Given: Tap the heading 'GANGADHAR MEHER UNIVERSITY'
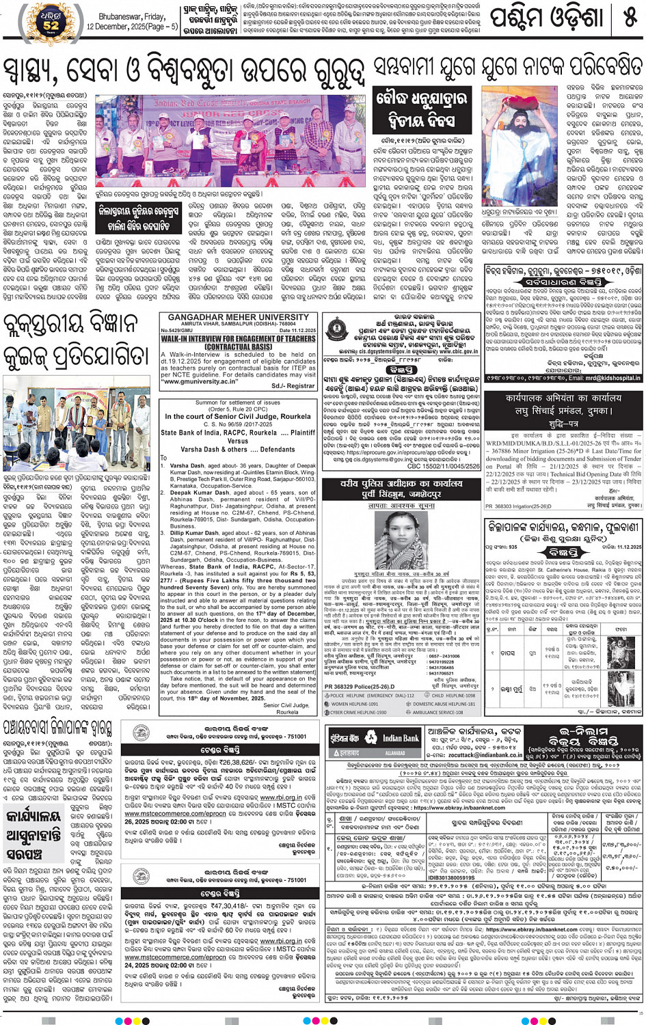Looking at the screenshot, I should point(238,318).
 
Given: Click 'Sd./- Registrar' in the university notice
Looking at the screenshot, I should point(293,386).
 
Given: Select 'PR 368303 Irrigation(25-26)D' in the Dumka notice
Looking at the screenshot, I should point(517,506).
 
